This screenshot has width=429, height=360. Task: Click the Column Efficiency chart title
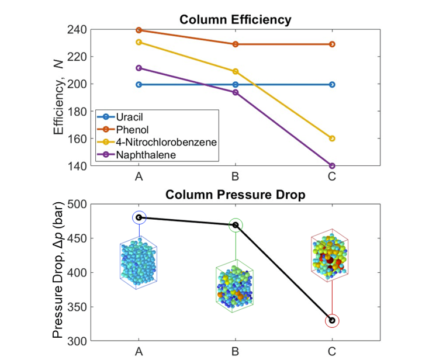tap(235, 20)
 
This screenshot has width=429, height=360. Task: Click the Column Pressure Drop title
tap(235, 195)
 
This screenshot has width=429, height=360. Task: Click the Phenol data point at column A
tap(139, 30)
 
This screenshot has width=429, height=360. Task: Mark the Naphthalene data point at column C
tap(332, 166)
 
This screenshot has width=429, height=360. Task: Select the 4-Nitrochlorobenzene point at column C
tap(332, 139)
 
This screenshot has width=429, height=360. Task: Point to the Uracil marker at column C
tap(332, 84)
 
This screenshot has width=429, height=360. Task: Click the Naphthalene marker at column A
tap(139, 68)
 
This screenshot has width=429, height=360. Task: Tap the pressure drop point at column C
tap(332, 320)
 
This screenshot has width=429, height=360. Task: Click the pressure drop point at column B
tap(236, 225)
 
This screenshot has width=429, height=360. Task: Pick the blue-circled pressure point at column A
tap(139, 217)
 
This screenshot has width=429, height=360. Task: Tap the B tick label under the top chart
tap(236, 177)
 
